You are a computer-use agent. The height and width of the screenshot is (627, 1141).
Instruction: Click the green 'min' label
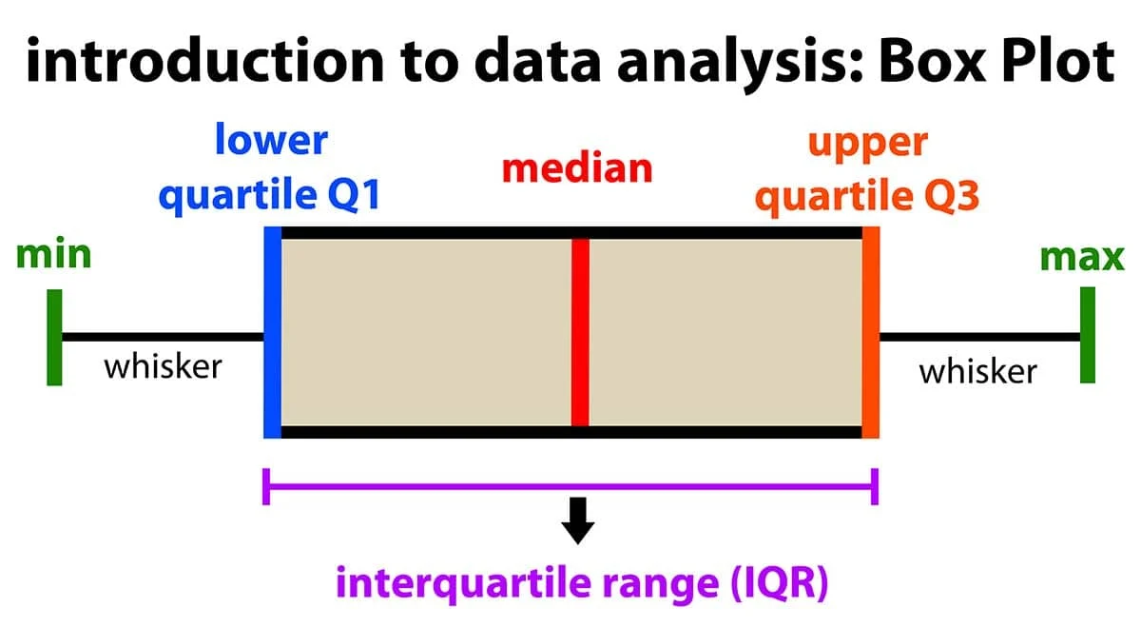click(54, 255)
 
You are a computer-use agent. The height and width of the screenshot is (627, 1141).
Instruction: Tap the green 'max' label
click(1082, 257)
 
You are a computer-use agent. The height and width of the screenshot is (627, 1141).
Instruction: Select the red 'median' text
click(577, 168)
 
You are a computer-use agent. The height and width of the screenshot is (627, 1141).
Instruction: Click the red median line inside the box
click(580, 332)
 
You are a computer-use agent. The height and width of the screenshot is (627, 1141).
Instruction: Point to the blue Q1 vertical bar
click(273, 332)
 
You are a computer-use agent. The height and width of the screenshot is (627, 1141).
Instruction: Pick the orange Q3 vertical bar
click(870, 332)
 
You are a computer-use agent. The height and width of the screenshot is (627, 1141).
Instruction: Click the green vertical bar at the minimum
click(54, 337)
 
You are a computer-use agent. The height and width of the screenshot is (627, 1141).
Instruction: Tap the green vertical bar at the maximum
click(1087, 335)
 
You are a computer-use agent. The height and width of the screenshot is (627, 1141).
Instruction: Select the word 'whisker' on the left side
click(163, 365)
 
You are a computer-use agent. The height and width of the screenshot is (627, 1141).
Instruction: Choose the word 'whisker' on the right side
click(977, 371)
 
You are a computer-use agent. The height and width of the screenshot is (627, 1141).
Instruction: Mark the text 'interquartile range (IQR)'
click(582, 582)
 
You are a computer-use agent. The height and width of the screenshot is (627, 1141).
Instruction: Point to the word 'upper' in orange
click(866, 143)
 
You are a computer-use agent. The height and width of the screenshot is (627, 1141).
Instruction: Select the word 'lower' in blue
click(270, 140)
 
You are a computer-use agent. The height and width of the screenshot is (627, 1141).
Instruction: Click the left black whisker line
click(162, 336)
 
